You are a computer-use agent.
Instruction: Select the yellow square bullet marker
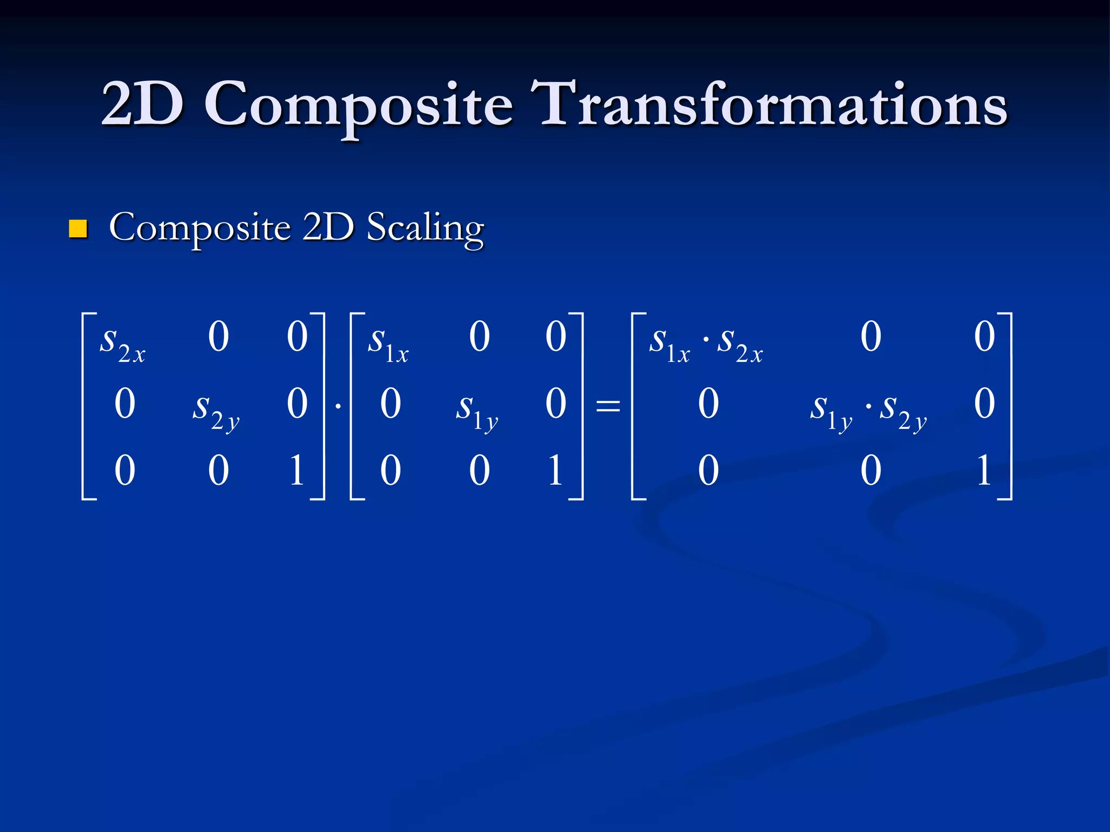(x=78, y=229)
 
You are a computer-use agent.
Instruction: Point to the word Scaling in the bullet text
(x=425, y=228)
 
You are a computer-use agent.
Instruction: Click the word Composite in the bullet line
(x=199, y=228)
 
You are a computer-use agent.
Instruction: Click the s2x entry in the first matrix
(x=122, y=343)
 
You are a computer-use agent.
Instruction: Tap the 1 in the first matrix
(x=296, y=470)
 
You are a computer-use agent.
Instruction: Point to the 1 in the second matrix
(x=555, y=470)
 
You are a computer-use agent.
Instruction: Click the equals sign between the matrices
(x=608, y=405)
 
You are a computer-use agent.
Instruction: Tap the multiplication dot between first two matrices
(x=338, y=405)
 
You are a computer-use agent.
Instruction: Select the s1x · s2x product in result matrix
(x=706, y=343)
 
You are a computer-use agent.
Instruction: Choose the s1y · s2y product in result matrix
(x=868, y=410)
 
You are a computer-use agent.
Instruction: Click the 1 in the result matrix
(x=984, y=470)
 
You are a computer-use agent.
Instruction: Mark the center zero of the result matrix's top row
(x=871, y=337)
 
